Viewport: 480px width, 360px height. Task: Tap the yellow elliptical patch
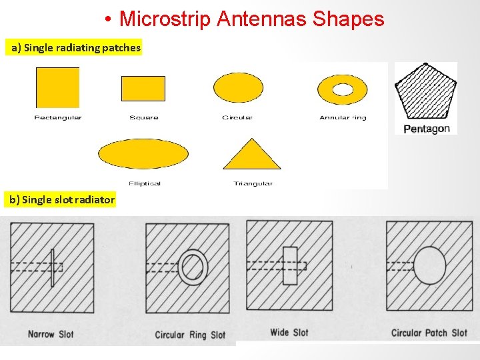click(x=143, y=155)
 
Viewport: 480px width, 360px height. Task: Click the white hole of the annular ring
click(x=343, y=89)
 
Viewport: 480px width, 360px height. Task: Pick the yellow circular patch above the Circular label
click(x=238, y=88)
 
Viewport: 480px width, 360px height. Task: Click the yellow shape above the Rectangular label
click(x=57, y=87)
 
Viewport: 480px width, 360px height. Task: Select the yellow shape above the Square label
click(x=143, y=89)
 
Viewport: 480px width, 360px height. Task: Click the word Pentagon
click(x=427, y=129)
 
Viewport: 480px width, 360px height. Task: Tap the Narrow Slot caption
click(x=51, y=334)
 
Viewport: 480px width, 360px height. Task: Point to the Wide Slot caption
click(x=289, y=333)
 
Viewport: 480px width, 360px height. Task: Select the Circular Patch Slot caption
click(x=429, y=333)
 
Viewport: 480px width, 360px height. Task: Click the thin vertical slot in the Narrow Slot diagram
click(x=52, y=267)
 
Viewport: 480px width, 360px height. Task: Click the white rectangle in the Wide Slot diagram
click(x=290, y=266)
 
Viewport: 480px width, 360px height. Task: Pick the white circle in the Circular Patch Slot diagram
click(x=429, y=265)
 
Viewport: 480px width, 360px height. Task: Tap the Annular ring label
click(x=343, y=118)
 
